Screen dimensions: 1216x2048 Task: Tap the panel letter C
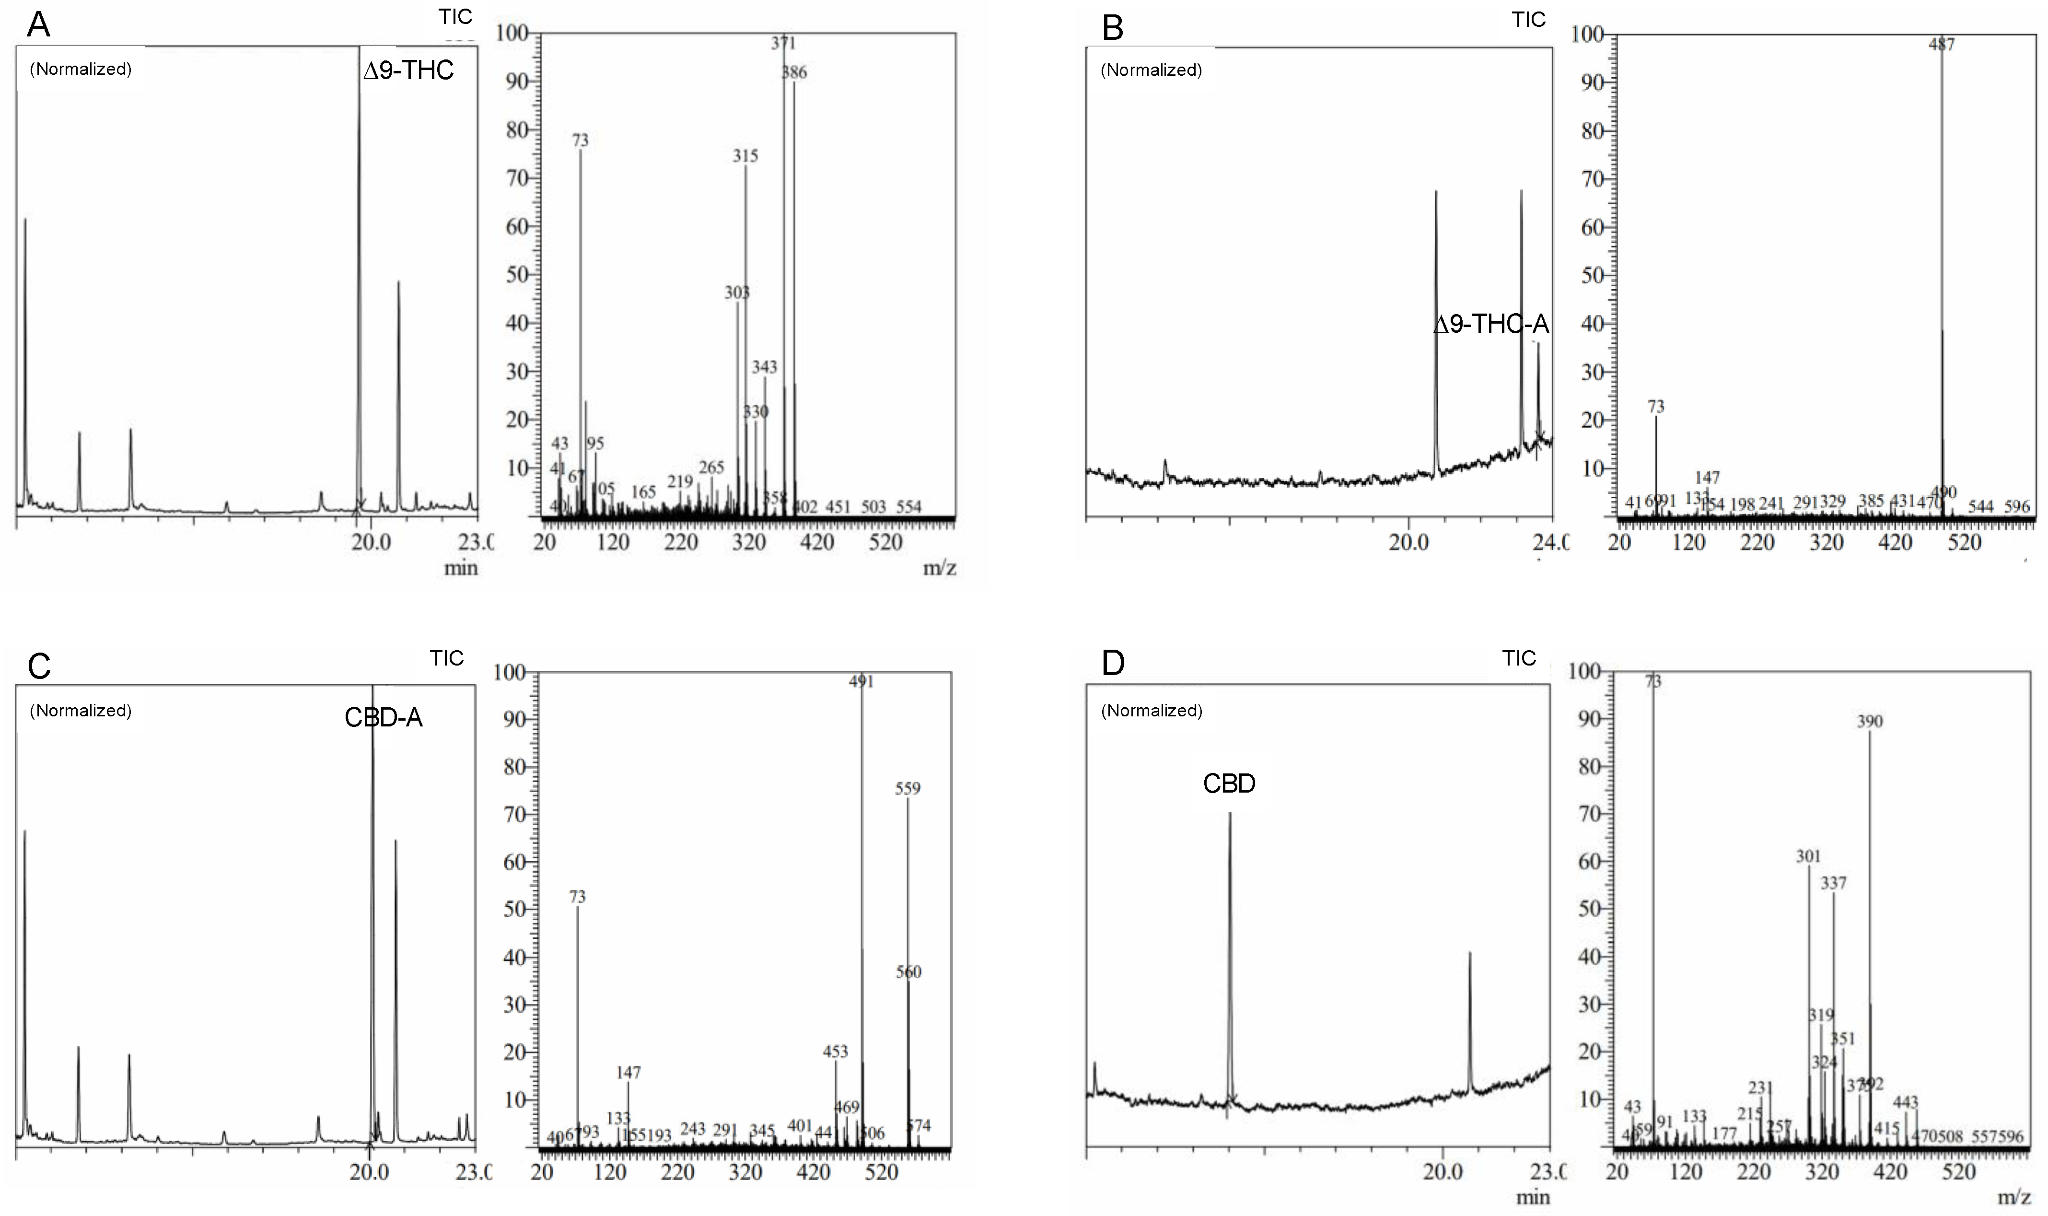39,666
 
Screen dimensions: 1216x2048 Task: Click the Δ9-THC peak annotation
408,70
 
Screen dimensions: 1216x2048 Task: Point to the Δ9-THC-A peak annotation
1491,325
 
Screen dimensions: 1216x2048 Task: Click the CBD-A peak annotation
384,718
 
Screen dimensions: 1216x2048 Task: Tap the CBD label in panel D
1229,783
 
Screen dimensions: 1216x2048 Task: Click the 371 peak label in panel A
783,43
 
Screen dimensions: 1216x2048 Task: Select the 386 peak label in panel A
794,72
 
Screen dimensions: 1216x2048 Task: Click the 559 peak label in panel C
908,788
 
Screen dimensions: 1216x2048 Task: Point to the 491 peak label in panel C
862,681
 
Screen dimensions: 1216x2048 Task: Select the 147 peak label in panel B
1707,477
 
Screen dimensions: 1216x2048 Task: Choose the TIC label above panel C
446,658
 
